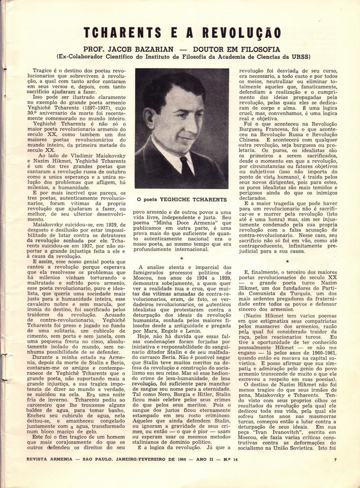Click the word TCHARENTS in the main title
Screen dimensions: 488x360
pyautogui.click(x=128, y=33)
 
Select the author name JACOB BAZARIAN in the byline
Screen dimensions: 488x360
pyautogui.click(x=146, y=49)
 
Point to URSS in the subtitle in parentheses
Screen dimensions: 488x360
pyautogui.click(x=300, y=57)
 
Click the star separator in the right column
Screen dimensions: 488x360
pyautogui.click(x=287, y=261)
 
